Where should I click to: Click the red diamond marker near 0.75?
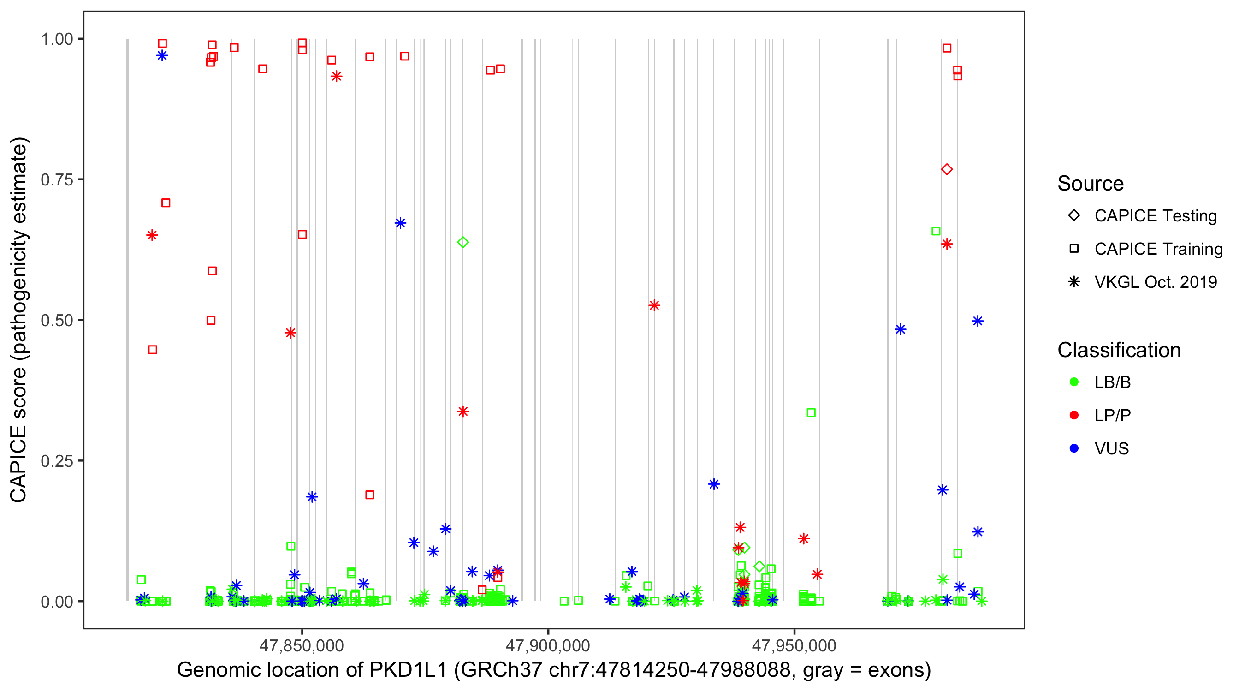pos(946,169)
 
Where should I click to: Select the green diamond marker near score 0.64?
pos(462,242)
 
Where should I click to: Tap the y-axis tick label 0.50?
pos(57,320)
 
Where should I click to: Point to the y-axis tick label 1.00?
pos(57,39)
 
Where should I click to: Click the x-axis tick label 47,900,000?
pos(548,645)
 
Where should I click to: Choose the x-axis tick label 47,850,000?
pos(302,645)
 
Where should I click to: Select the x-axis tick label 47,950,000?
pos(794,645)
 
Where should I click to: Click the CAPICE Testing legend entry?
pos(1155,216)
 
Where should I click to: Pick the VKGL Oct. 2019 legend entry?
pos(1155,282)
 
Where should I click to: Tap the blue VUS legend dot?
pos(1074,448)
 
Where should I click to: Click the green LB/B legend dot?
pos(1074,382)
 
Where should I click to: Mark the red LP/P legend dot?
pos(1074,415)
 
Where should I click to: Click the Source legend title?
pos(1091,184)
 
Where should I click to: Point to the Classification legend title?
pos(1119,350)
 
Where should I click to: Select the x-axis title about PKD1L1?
pos(553,670)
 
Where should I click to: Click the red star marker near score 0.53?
pos(654,305)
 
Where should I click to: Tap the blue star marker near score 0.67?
pos(400,223)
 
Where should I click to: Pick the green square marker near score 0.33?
pos(811,412)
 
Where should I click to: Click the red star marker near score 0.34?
pos(462,412)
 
